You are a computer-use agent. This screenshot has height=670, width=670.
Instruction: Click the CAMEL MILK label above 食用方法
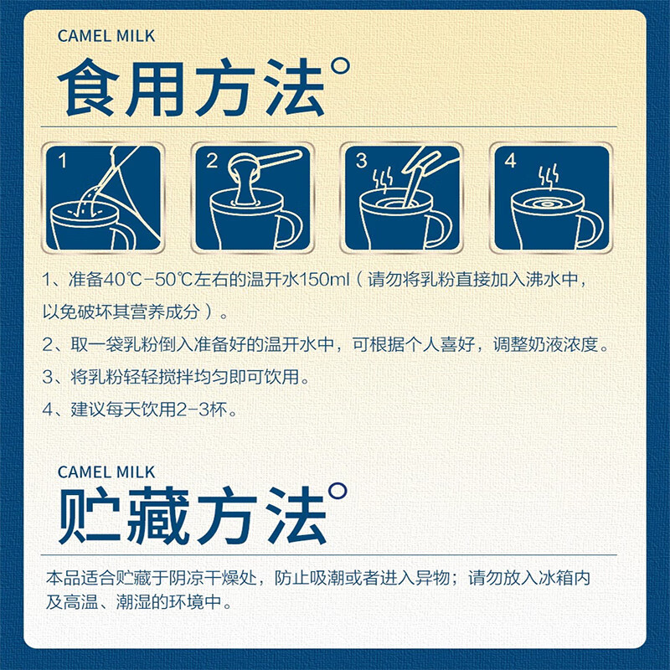coord(106,36)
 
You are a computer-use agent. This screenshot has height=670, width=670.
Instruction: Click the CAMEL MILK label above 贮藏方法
coord(106,472)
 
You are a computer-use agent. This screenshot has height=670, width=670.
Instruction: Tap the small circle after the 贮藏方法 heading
coord(338,491)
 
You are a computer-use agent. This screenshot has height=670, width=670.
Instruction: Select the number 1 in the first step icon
coord(63,161)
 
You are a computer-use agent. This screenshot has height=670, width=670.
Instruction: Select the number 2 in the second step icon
coord(212,161)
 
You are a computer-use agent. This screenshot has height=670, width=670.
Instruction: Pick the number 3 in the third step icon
coord(362,161)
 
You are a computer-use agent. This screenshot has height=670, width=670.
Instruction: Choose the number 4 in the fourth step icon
coord(511,161)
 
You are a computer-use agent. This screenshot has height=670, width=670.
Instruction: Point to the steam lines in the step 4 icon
coord(549,174)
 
